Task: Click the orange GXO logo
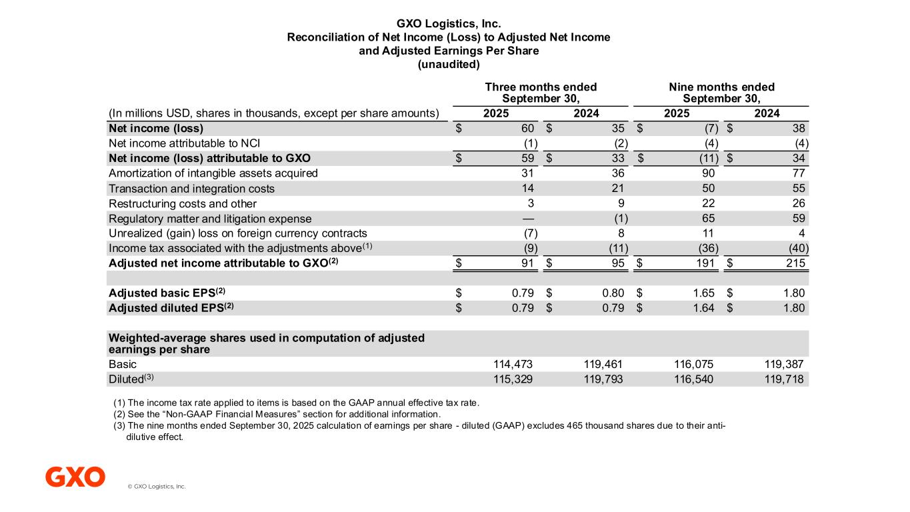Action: tap(75, 477)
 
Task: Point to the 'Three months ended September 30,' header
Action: tap(541, 93)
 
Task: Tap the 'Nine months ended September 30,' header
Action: tap(721, 93)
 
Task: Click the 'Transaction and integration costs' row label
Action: tap(191, 189)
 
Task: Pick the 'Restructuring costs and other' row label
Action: tap(182, 203)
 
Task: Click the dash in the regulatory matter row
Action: tap(529, 218)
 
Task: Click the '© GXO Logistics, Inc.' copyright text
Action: tap(157, 487)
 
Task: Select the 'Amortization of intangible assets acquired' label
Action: tap(213, 173)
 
